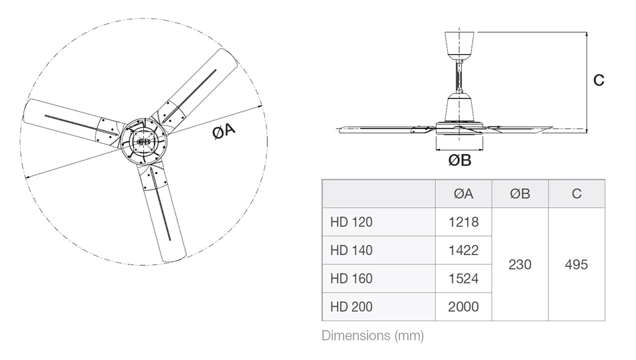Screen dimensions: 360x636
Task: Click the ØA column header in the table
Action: [x=463, y=194]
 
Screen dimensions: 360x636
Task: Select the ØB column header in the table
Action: [x=520, y=194]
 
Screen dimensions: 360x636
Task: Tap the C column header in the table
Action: [x=576, y=194]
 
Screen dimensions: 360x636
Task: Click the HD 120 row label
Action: [x=351, y=222]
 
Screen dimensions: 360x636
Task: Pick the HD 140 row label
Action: [x=351, y=250]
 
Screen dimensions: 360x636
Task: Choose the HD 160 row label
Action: [x=351, y=278]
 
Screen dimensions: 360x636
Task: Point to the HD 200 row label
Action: [x=351, y=307]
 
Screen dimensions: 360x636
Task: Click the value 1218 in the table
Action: [x=463, y=222]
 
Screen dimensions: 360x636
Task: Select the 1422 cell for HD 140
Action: [x=463, y=250]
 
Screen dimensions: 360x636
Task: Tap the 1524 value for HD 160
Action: [x=463, y=278]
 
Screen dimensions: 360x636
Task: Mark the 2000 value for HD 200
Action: [x=463, y=307]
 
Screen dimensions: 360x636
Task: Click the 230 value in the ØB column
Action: [x=520, y=264]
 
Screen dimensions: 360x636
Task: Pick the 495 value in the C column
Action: [x=576, y=264]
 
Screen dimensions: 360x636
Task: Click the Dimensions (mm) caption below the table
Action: [x=373, y=335]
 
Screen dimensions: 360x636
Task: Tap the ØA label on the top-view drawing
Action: [x=224, y=133]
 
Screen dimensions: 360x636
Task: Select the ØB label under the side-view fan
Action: [x=459, y=160]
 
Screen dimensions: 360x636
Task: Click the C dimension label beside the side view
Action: [x=599, y=80]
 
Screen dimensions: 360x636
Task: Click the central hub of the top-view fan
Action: [x=143, y=141]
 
